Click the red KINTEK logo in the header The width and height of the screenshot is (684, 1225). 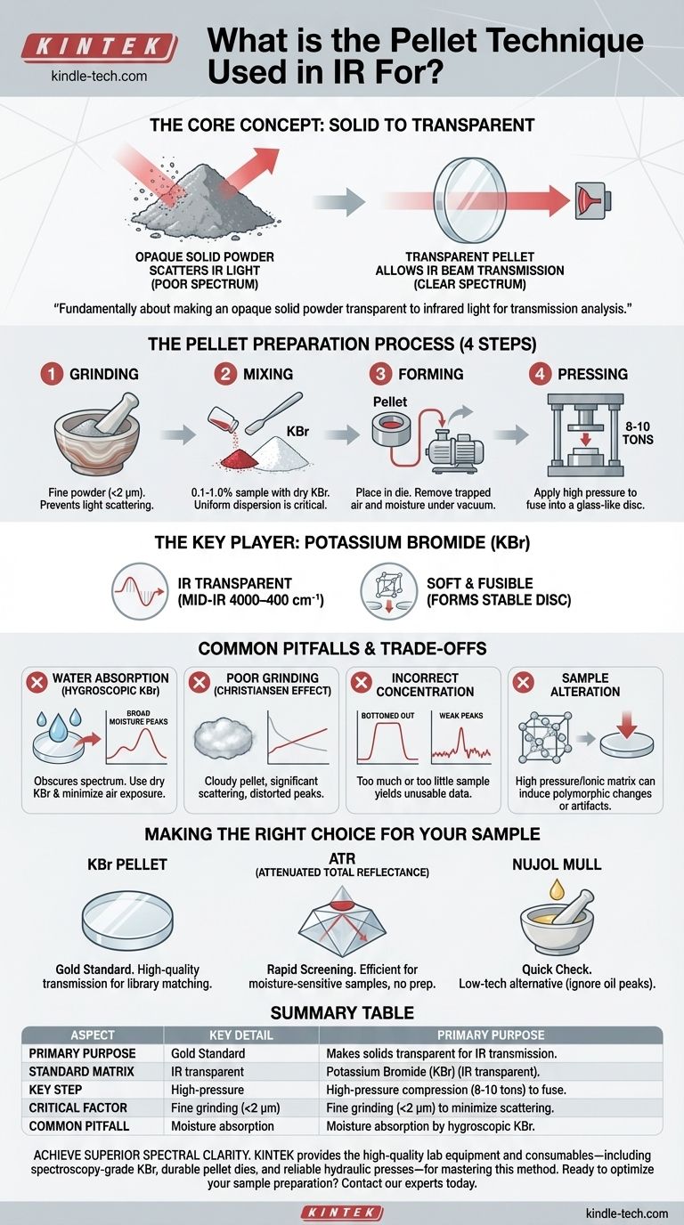99,47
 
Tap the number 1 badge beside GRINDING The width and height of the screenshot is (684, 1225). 52,374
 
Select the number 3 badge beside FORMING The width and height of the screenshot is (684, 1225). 380,374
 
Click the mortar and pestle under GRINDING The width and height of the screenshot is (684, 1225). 97,434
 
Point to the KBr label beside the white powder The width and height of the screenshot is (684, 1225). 297,432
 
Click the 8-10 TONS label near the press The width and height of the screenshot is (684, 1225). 638,433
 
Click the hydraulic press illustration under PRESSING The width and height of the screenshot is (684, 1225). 585,435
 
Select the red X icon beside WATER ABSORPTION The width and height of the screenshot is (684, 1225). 37,683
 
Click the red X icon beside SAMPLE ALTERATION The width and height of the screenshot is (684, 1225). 524,683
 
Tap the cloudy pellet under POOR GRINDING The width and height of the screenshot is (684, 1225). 224,739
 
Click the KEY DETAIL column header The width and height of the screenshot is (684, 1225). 240,1035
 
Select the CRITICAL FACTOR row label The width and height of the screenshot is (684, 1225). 77,1108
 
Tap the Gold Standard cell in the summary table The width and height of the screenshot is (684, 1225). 208,1053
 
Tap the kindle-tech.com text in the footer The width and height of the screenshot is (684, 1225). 626,1213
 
